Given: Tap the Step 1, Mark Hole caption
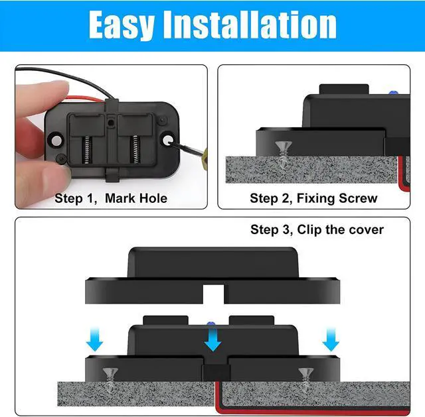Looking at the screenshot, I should pyautogui.click(x=111, y=198).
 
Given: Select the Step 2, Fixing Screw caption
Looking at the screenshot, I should pyautogui.click(x=313, y=198).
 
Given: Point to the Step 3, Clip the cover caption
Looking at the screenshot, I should pyautogui.click(x=317, y=229).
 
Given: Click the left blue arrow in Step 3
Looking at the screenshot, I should pyautogui.click(x=96, y=341).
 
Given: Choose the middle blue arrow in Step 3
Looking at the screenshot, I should pyautogui.click(x=213, y=341).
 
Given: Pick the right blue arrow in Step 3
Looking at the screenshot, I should pyautogui.click(x=330, y=341).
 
